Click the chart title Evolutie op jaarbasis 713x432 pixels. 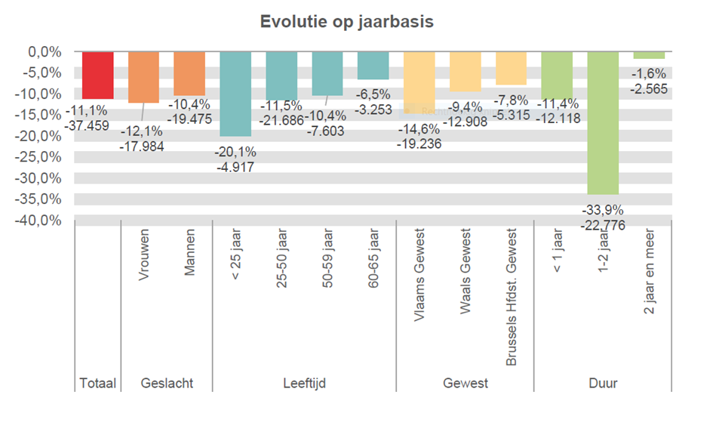coord(346,21)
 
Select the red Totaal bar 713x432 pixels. coord(98,75)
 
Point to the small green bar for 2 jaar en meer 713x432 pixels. coord(649,55)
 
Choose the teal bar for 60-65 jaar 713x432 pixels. coord(373,66)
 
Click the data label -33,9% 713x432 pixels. coord(603,210)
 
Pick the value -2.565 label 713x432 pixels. coord(649,88)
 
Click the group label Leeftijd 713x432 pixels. coord(304,384)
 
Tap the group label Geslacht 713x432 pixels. coord(167,384)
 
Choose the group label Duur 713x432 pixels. coord(603,384)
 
